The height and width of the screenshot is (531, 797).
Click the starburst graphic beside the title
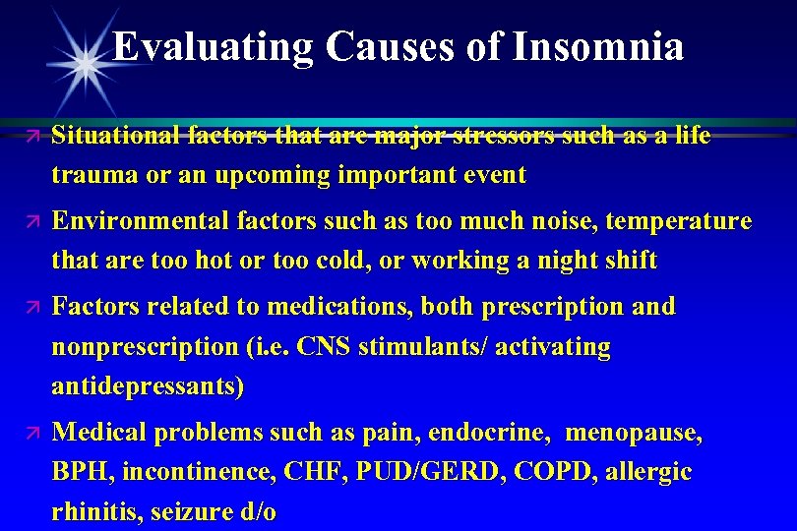coord(87,62)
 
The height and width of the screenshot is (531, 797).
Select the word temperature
coord(678,221)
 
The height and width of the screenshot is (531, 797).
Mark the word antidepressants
coord(148,387)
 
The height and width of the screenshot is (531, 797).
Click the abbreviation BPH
coord(83,473)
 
